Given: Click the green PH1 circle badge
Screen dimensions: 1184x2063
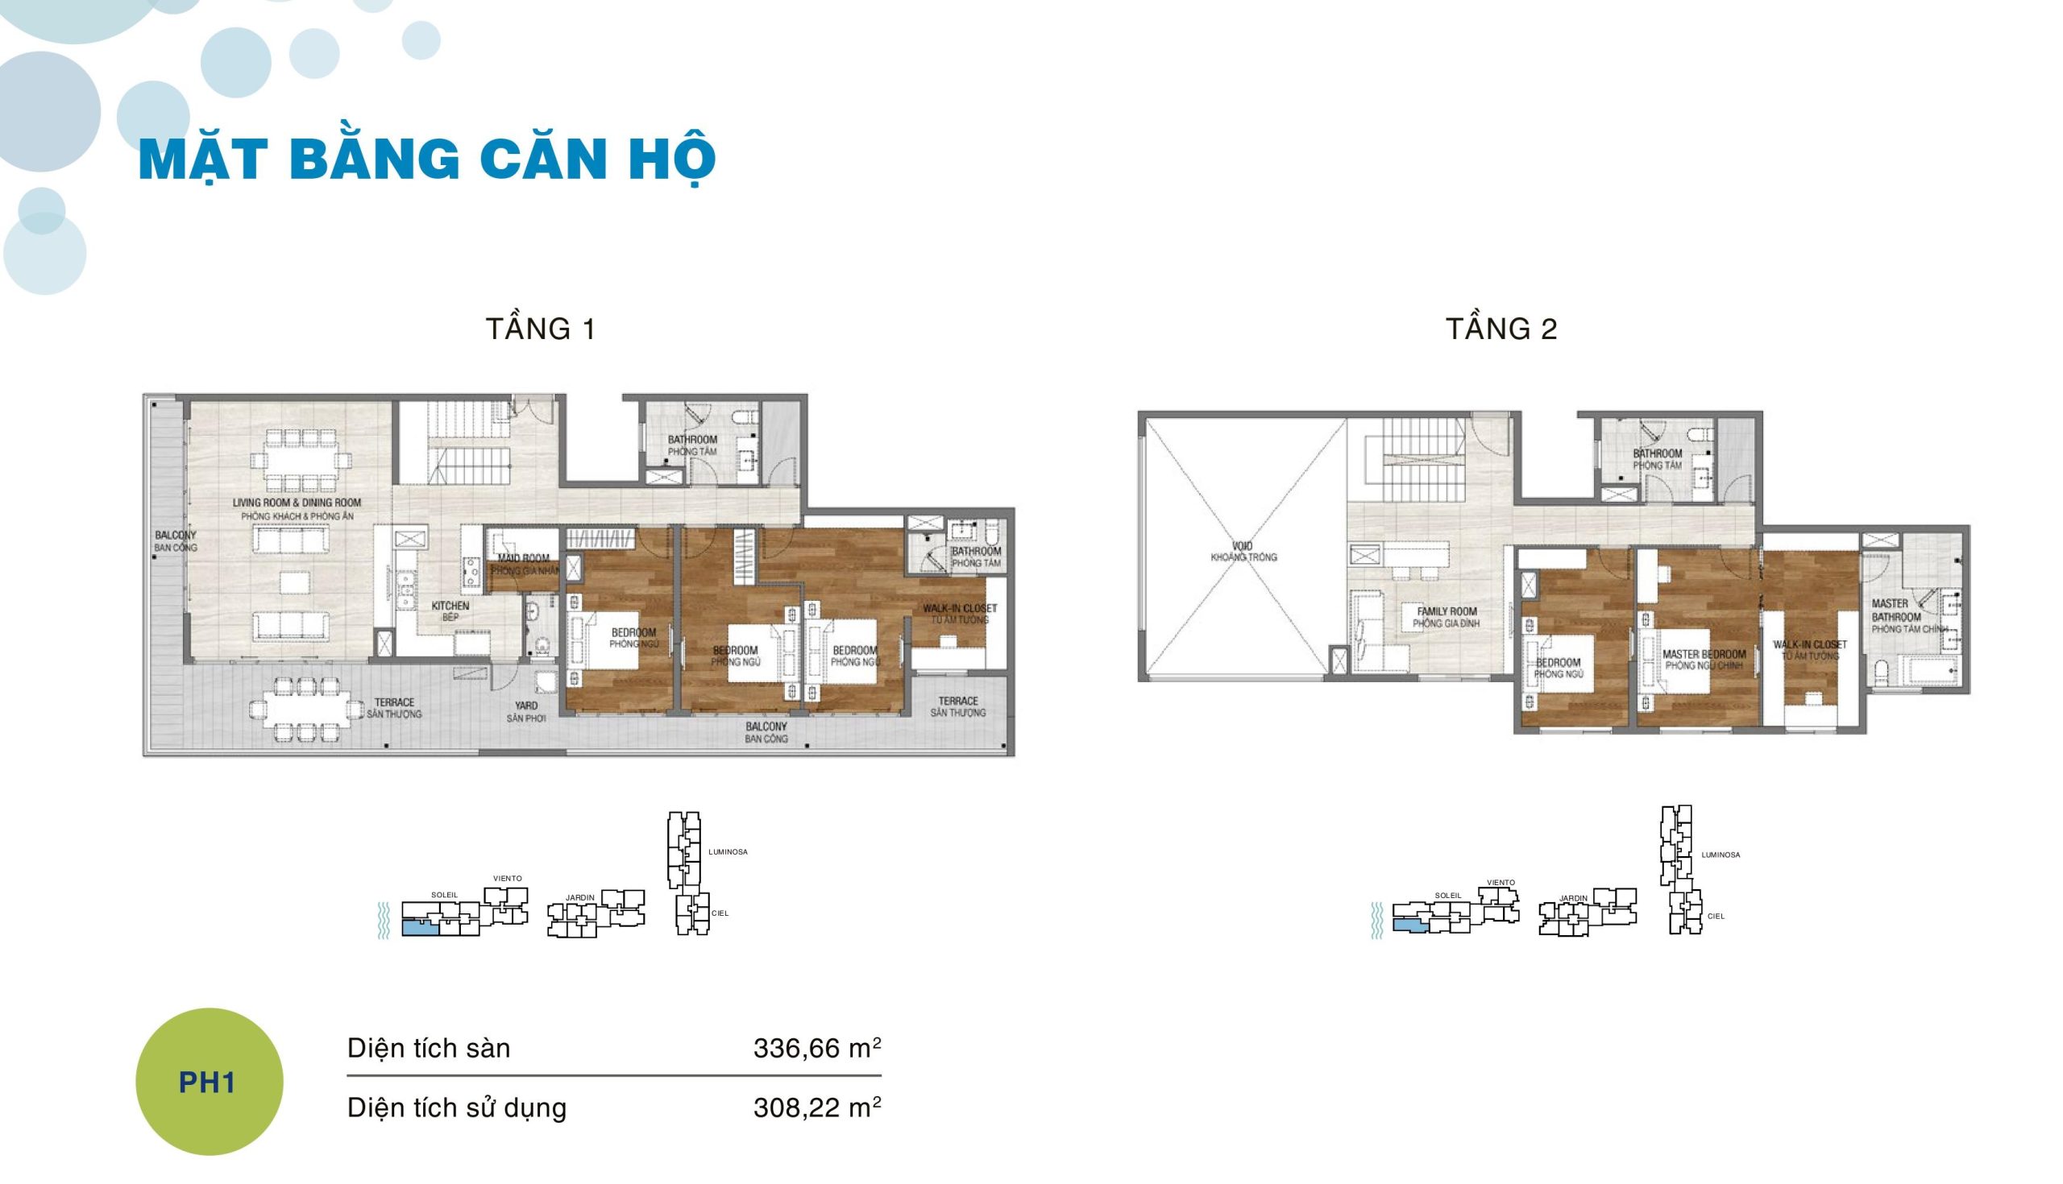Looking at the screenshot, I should tap(209, 1082).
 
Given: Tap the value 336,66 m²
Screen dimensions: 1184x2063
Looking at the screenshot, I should tap(817, 1048).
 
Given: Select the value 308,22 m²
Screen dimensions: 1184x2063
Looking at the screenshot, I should tap(817, 1107).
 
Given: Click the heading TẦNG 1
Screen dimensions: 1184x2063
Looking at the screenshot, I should tap(541, 329).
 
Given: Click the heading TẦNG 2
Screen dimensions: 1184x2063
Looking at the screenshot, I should tap(1501, 329).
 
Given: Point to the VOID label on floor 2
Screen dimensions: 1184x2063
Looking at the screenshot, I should tap(1243, 552).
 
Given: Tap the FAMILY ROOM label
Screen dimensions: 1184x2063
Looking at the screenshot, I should tap(1446, 617).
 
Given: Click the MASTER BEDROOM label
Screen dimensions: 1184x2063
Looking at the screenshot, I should tap(1704, 660).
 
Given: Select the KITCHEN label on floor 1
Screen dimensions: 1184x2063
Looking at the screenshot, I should tap(450, 611).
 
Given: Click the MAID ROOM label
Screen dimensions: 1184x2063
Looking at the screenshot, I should tap(524, 564).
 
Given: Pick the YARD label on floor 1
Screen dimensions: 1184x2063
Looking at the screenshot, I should tap(525, 711).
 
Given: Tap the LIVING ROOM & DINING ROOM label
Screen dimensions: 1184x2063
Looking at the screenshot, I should tap(297, 508).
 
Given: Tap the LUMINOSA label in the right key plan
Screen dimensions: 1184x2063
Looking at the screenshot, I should tap(1720, 855).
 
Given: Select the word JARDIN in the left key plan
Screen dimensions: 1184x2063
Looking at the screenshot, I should tap(580, 898).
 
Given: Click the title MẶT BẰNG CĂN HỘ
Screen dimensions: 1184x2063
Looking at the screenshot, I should tap(427, 160).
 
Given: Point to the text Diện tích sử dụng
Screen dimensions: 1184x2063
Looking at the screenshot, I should tap(456, 1107).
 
